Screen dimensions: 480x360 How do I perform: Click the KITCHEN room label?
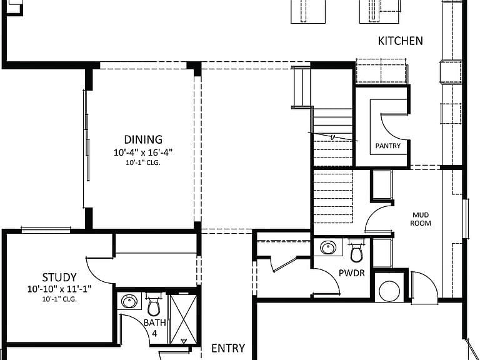[401, 41]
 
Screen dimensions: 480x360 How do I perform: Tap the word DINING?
[143, 139]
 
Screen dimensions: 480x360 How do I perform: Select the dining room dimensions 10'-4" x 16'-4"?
[143, 152]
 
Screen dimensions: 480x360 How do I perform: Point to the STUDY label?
[59, 277]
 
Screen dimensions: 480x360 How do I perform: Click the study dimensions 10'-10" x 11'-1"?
[59, 289]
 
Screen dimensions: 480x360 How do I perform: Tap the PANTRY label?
[388, 146]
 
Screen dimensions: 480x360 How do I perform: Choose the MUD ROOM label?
[421, 219]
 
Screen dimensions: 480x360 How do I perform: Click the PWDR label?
[352, 273]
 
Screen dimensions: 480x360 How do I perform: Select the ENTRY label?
[228, 348]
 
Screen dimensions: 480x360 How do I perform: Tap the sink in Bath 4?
[129, 301]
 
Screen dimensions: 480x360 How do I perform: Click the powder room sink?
[328, 247]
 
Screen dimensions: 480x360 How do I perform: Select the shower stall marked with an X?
[183, 319]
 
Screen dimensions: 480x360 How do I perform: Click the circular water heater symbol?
[389, 291]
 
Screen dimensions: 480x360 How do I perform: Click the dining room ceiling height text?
[143, 163]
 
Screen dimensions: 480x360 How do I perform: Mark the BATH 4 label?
[155, 328]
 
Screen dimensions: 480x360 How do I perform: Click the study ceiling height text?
[59, 299]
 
